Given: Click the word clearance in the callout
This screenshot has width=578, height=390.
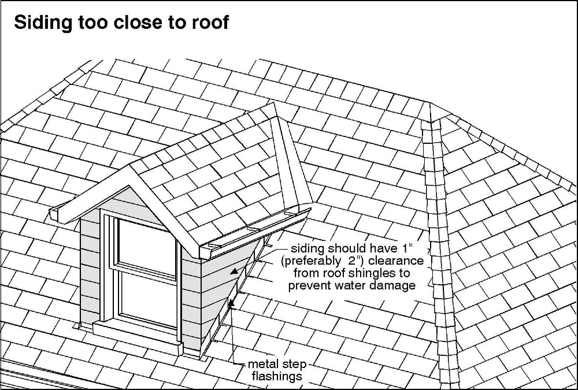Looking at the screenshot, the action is [x=396, y=261].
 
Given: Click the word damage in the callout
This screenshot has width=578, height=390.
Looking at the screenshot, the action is [x=394, y=285].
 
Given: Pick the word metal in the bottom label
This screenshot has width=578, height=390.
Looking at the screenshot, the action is [x=262, y=364].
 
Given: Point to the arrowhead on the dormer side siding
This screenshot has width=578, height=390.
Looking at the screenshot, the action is [x=234, y=272].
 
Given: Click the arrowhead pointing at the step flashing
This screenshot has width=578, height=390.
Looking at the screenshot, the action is [x=231, y=304].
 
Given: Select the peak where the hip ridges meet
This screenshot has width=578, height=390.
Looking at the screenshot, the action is [x=430, y=103].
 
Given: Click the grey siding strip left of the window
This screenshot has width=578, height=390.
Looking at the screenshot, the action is [x=90, y=269].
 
